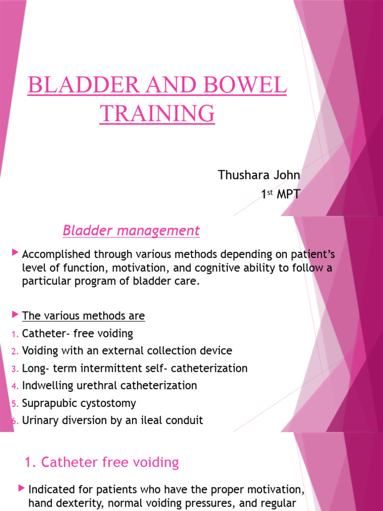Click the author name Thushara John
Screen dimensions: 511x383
(259, 175)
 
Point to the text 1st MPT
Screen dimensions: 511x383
(281, 194)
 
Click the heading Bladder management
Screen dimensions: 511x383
(131, 231)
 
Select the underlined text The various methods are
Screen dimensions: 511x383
(83, 316)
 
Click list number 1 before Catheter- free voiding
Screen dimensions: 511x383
(15, 334)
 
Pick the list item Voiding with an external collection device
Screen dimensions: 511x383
(127, 351)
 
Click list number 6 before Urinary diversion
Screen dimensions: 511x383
(15, 421)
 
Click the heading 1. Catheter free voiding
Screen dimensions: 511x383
(102, 463)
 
